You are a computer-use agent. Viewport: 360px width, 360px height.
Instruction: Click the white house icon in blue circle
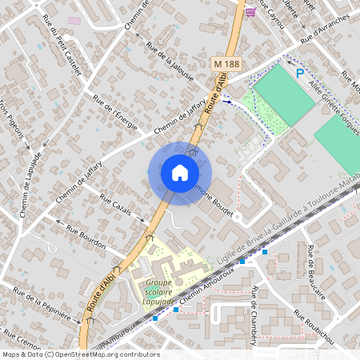(179, 172)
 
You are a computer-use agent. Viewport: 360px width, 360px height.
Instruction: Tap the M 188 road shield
(227, 62)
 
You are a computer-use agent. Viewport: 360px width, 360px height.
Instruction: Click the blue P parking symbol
(300, 73)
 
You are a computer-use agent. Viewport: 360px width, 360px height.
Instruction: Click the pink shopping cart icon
(251, 11)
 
